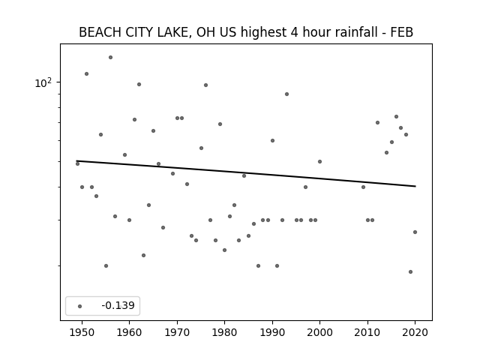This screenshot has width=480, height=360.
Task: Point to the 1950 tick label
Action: coord(82,332)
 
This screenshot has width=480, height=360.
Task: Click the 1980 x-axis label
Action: coord(224,332)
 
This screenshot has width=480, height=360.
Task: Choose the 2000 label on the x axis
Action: coord(319,332)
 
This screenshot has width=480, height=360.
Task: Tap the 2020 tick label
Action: coord(415,332)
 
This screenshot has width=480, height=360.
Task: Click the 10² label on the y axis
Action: coord(43,82)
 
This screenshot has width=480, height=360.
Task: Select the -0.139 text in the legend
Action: coord(118,305)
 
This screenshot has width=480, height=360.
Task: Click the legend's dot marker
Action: coord(80,306)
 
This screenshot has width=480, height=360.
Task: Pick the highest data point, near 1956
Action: coord(110,57)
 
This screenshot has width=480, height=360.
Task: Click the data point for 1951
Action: coord(87,73)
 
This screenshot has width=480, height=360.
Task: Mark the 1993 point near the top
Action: coord(286,94)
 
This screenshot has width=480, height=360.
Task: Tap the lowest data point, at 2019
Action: coord(410,271)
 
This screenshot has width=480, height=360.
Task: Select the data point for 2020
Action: coord(415,232)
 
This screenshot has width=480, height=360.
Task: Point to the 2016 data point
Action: coord(396,117)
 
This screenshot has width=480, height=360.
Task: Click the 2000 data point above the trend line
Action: coord(320,162)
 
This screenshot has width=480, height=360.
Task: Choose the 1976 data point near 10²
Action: coord(205,85)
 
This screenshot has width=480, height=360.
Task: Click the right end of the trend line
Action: coord(415,186)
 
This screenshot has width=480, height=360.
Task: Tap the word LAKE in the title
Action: coord(175,32)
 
